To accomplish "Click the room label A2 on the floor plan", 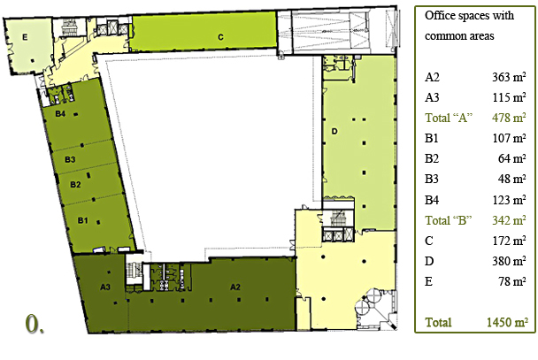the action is click(x=235, y=287).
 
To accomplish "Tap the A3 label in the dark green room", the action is click(x=105, y=287).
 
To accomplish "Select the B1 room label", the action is click(x=82, y=220).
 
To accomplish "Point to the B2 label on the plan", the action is click(x=75, y=185).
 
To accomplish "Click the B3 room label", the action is click(x=70, y=159).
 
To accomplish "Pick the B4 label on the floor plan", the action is click(x=60, y=113).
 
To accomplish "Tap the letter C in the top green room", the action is click(x=220, y=37).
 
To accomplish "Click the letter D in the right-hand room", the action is click(x=334, y=131).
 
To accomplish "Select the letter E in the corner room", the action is click(x=25, y=37).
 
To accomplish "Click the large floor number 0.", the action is click(x=35, y=324).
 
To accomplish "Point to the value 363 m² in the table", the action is click(x=509, y=77).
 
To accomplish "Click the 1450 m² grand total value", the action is click(x=507, y=322).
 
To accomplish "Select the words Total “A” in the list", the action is click(x=449, y=118).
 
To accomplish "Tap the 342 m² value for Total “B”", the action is click(x=509, y=220).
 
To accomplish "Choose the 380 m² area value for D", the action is click(x=509, y=261).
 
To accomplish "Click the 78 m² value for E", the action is click(x=512, y=281).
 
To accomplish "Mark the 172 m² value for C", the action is click(x=509, y=241).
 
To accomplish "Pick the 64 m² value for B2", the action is click(x=512, y=158).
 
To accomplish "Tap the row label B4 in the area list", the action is click(x=432, y=200).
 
